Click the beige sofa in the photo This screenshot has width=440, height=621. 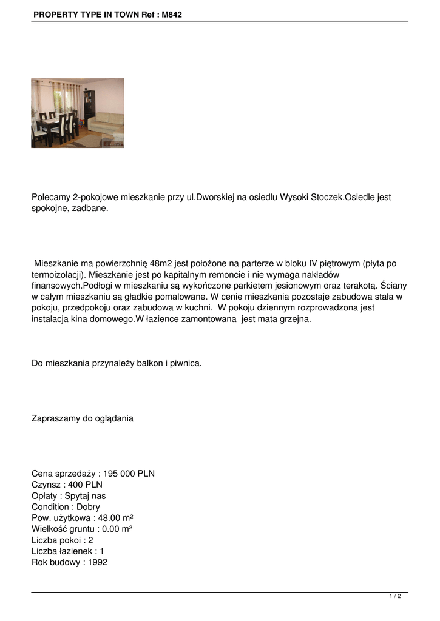coord(106,124)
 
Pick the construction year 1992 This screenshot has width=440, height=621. coord(98,562)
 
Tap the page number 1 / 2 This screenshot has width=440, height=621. coord(395,597)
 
